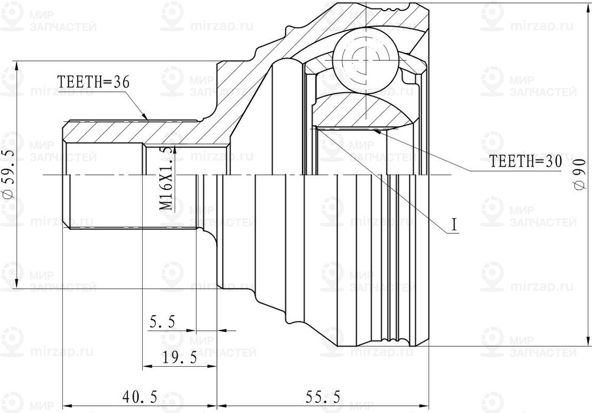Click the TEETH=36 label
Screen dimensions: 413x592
pos(93,82)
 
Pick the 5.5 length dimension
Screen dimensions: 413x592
pos(162,322)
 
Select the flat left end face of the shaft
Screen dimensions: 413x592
pos(63,175)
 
